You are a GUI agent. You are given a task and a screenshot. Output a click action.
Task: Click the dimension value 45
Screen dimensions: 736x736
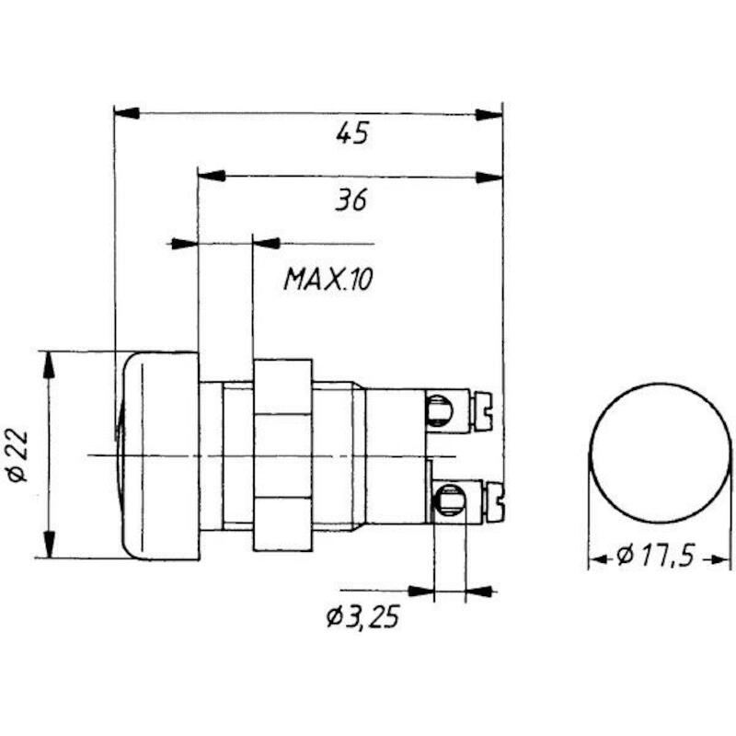tap(352, 132)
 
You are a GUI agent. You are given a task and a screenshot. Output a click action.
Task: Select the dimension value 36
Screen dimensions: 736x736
tap(351, 200)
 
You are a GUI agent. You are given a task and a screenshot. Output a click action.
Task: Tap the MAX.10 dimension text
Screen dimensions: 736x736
tap(328, 280)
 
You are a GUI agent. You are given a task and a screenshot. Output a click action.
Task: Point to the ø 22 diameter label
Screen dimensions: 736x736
tap(18, 455)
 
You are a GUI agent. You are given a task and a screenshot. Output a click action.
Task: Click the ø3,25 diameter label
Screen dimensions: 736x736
tap(362, 616)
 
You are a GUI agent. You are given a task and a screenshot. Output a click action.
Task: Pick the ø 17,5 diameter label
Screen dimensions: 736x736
tap(655, 556)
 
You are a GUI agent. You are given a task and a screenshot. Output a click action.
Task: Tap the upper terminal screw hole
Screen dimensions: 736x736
tap(440, 409)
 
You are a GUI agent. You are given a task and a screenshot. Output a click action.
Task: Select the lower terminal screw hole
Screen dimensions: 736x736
tap(450, 500)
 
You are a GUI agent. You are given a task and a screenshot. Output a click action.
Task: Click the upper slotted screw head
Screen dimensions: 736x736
tap(482, 411)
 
